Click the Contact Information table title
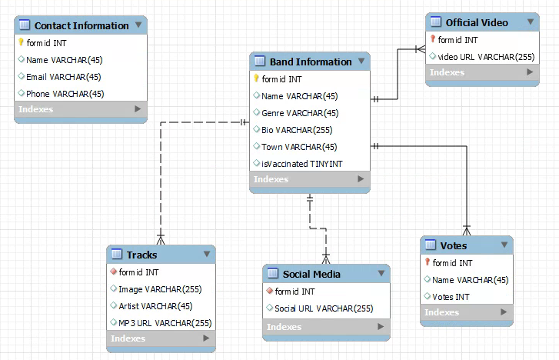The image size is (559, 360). click(x=81, y=25)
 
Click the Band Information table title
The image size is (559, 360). click(x=310, y=62)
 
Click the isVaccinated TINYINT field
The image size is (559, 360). click(x=301, y=164)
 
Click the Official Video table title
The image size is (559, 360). click(x=477, y=22)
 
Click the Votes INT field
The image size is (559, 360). click(x=451, y=297)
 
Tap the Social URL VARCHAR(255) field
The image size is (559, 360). click(x=324, y=308)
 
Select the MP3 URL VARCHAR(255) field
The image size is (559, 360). click(x=165, y=323)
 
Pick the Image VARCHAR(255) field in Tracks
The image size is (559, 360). click(x=160, y=289)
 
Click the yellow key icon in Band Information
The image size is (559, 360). click(x=257, y=78)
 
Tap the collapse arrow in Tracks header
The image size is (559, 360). click(x=206, y=254)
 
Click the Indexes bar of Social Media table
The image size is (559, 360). click(x=326, y=327)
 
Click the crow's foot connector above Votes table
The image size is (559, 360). click(x=466, y=229)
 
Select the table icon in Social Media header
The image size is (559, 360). click(x=273, y=274)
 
